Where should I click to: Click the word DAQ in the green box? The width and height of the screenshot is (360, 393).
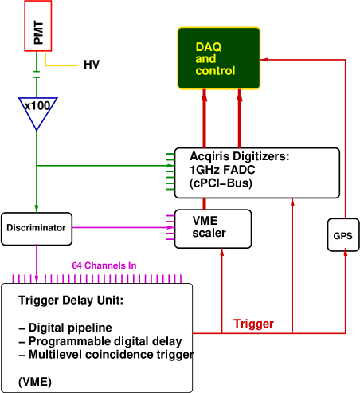tap(209, 47)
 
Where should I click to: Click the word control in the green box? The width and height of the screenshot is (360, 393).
tap(215, 71)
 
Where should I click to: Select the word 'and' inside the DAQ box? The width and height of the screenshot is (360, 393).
tap(205, 59)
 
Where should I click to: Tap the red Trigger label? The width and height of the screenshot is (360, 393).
tap(253, 324)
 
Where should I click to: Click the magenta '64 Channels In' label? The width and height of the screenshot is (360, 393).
tap(104, 265)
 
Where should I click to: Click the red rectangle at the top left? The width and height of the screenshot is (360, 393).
tap(37, 26)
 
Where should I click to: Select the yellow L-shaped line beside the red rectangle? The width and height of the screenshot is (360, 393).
tap(60, 65)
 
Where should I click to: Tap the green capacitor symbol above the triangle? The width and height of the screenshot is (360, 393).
tap(37, 73)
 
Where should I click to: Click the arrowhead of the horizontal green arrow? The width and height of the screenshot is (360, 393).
tap(170, 166)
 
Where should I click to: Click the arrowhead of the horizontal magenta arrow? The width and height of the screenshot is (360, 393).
tap(170, 227)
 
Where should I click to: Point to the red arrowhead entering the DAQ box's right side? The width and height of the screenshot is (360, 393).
tap(264, 59)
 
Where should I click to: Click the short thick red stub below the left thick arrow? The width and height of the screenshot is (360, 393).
tap(204, 203)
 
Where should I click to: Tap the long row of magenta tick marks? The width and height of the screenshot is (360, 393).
tap(96, 278)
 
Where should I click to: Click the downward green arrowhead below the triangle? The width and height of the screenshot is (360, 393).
tap(37, 209)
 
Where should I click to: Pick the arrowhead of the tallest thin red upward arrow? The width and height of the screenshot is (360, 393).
tap(292, 202)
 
